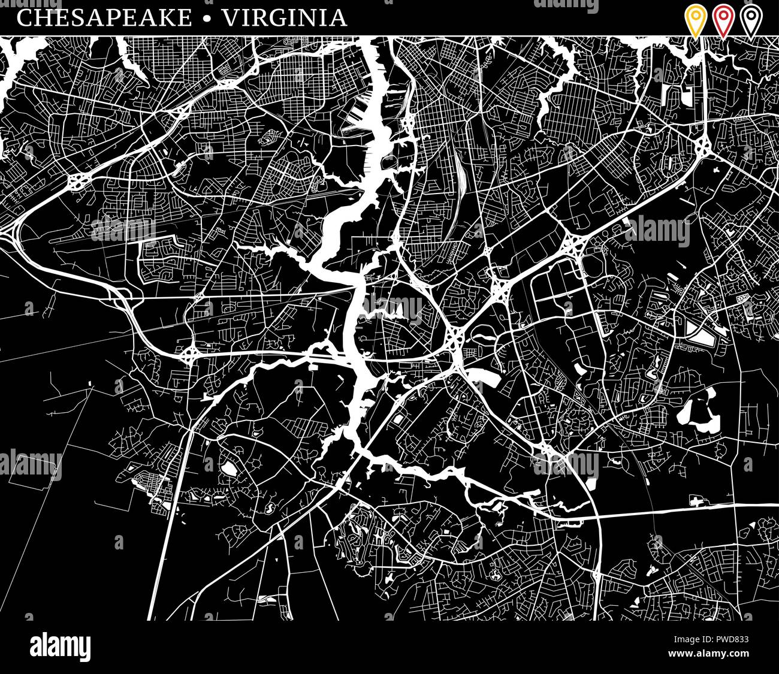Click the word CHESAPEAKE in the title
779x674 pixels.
coord(105,18)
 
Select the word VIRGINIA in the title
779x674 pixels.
coord(285,18)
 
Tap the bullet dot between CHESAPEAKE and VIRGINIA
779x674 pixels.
coord(207,19)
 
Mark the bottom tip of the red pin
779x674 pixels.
coord(723,37)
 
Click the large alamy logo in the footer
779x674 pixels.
coord(61,647)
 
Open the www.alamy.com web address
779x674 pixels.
coord(709,652)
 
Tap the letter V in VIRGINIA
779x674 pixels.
coord(230,18)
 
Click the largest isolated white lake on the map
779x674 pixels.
coord(695,414)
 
